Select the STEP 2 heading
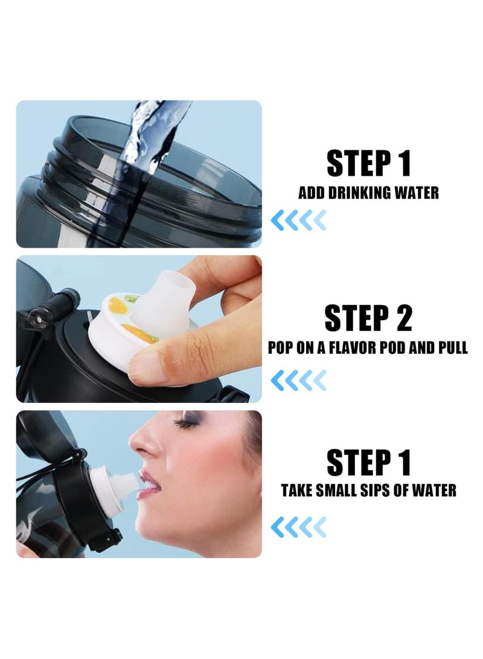click(x=368, y=318)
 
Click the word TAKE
click(x=296, y=490)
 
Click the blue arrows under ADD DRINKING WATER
click(x=298, y=220)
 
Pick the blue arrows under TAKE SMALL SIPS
click(x=298, y=527)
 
